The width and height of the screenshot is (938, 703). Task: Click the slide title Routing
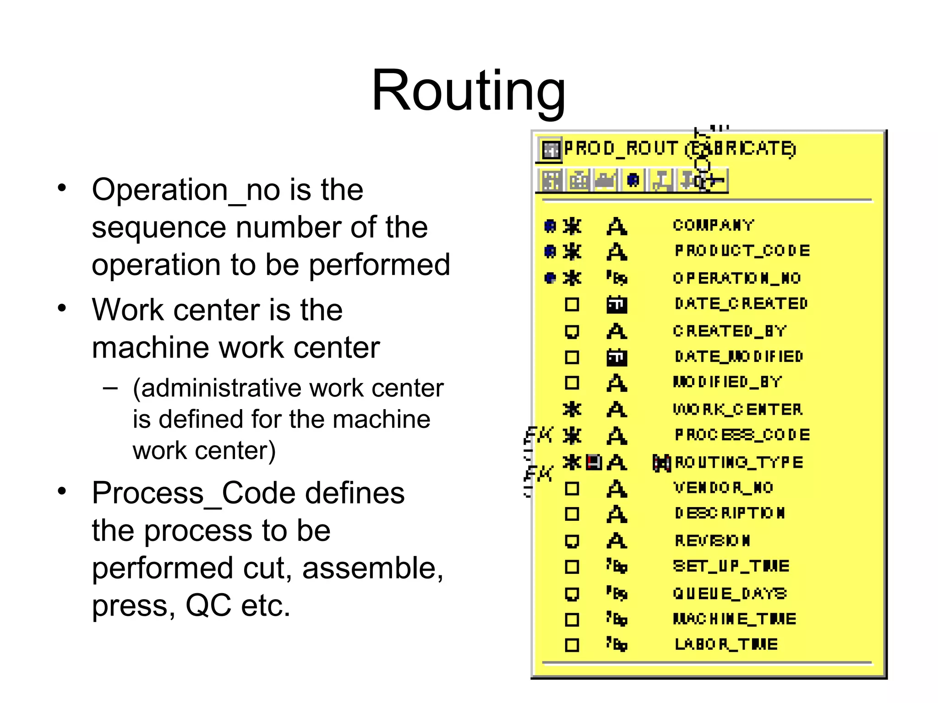(468, 90)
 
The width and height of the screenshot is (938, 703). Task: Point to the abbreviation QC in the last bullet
(208, 605)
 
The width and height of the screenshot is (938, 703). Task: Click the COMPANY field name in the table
(713, 225)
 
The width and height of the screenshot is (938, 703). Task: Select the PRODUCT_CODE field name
(742, 251)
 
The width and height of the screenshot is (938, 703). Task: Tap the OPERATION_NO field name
(736, 278)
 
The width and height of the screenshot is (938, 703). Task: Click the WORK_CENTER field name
(737, 409)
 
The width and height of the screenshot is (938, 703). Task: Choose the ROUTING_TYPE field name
(739, 462)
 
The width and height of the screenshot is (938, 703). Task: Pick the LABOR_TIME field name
(726, 644)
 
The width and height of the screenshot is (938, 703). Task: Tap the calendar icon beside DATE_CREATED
(616, 304)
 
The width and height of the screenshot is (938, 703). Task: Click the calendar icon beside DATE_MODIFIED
(616, 357)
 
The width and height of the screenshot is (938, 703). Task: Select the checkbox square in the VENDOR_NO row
(572, 489)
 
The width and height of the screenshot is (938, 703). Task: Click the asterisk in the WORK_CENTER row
(572, 409)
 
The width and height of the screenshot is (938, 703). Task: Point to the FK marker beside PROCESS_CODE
(539, 434)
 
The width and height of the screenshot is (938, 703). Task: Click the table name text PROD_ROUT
(621, 148)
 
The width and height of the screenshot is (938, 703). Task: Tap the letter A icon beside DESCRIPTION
(616, 514)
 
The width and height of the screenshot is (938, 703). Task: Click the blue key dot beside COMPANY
(550, 226)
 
